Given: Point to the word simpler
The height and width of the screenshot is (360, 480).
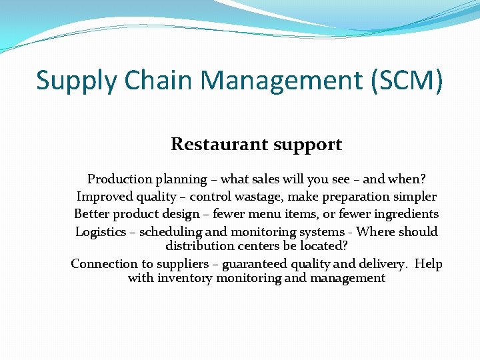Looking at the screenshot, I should [415, 197].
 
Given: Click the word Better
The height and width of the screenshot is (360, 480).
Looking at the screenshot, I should [91, 214].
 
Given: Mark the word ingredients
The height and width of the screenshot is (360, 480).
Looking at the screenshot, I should [407, 215].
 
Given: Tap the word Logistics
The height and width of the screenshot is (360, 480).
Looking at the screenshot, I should [101, 232].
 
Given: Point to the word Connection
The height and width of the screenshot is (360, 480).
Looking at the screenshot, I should [103, 264].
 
